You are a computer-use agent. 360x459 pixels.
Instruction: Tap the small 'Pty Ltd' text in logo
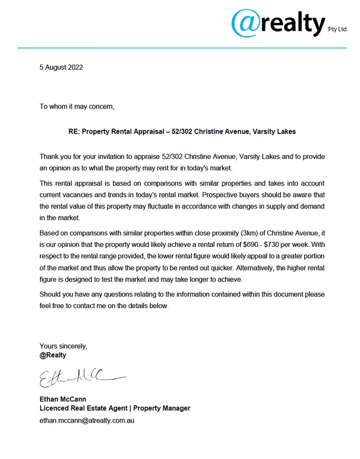(x=337, y=30)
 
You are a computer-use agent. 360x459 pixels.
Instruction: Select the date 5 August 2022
(x=61, y=68)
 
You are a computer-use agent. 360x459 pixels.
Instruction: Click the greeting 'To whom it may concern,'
(x=77, y=106)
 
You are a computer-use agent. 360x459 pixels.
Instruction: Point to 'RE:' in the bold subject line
(x=74, y=132)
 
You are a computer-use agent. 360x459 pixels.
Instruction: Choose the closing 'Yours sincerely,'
(x=64, y=346)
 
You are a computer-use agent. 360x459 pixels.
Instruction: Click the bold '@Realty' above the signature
(x=53, y=355)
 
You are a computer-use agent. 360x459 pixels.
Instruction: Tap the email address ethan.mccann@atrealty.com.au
(x=87, y=420)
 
